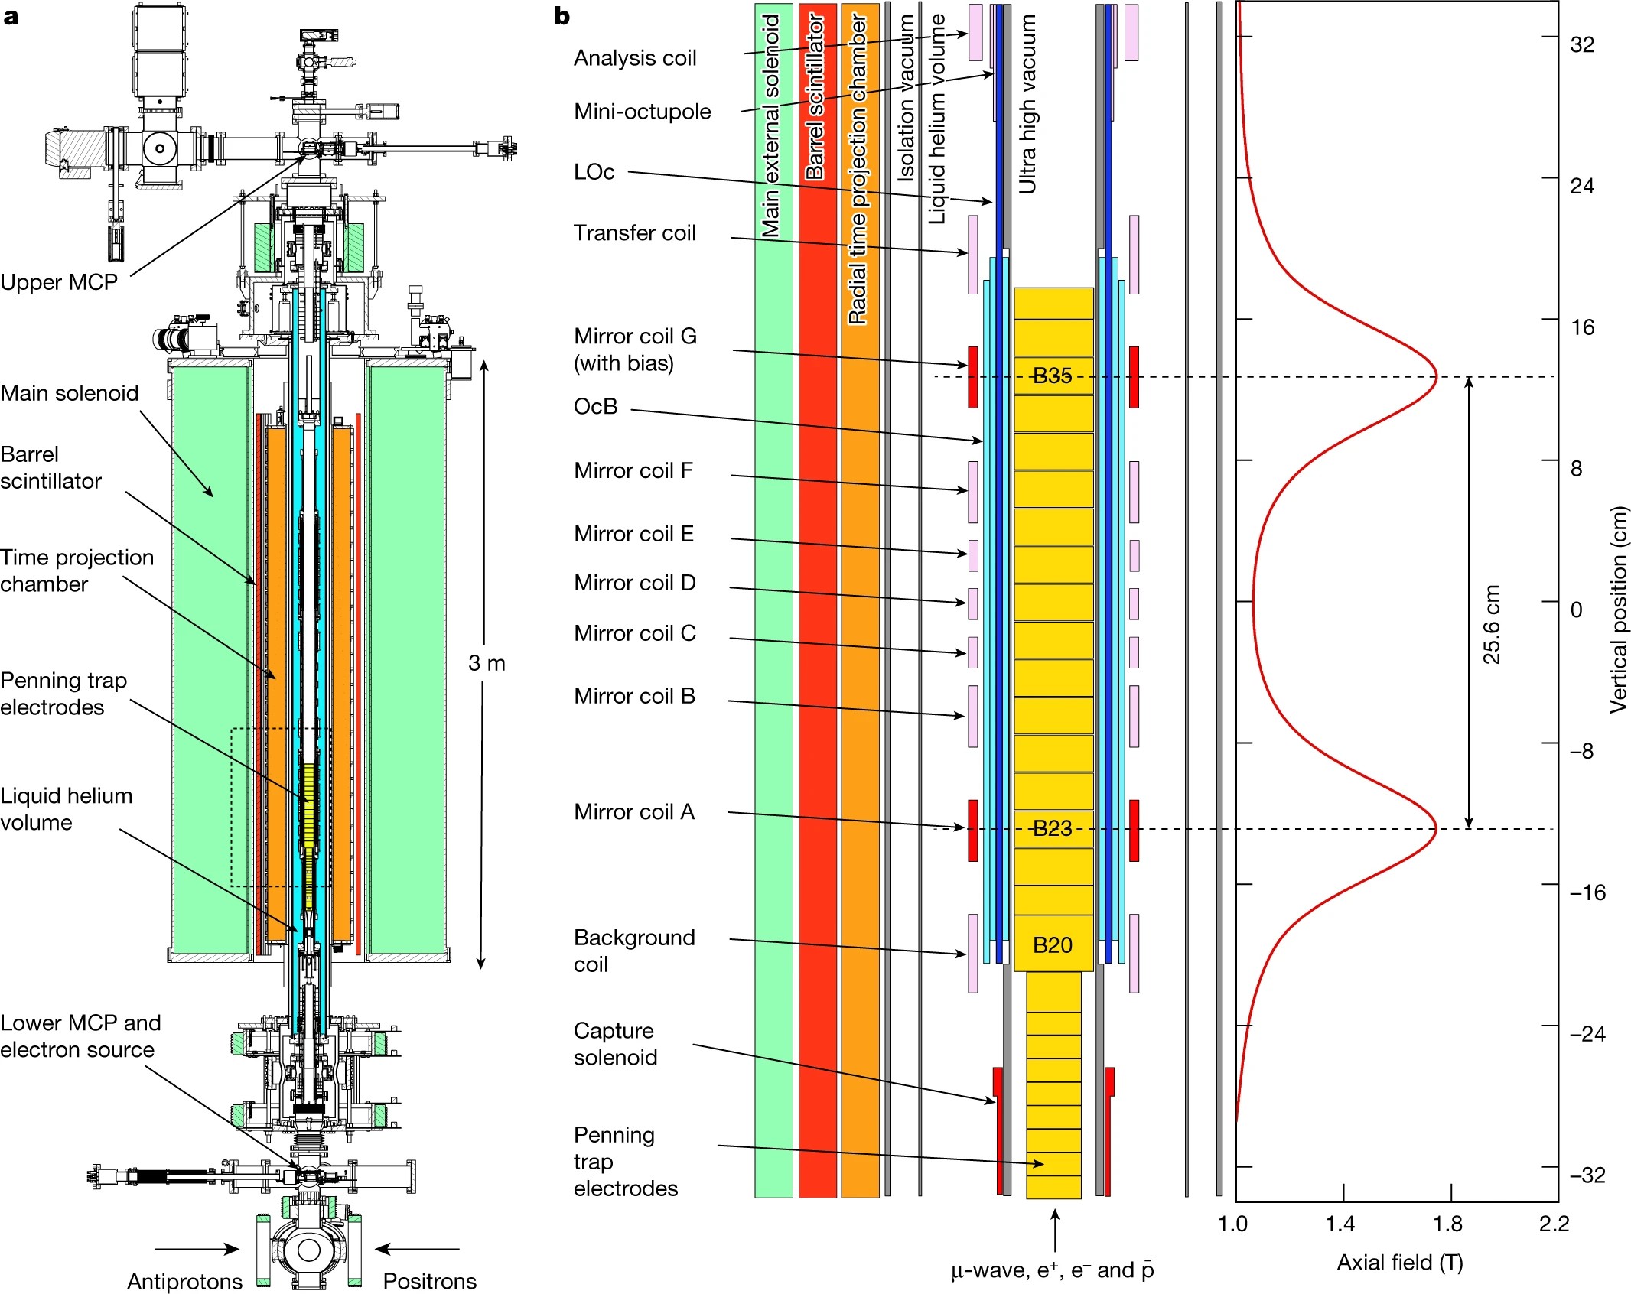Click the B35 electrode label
click(1052, 376)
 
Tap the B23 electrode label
click(1052, 828)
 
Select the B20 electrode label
click(1052, 945)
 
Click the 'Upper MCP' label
click(59, 282)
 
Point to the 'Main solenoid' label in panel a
click(70, 393)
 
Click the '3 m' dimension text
click(487, 663)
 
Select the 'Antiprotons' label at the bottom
click(184, 1281)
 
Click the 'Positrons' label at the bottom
click(429, 1281)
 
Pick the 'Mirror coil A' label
click(634, 811)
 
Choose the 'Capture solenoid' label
click(615, 1044)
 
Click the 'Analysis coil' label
click(635, 58)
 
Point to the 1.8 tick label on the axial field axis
click(1448, 1224)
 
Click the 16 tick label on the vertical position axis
click(1582, 327)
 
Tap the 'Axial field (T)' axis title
click(1400, 1263)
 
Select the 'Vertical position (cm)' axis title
click(1618, 610)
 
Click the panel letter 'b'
click(562, 16)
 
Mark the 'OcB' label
click(595, 406)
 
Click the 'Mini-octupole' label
click(642, 112)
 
